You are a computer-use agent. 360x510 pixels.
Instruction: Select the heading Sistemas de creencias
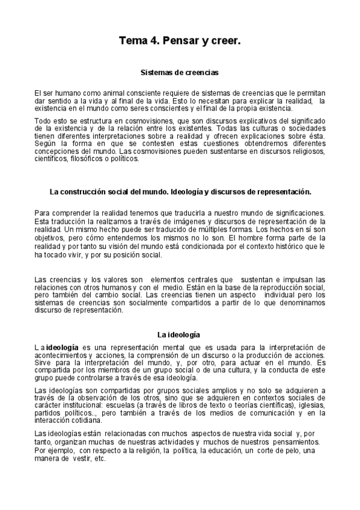(x=179, y=72)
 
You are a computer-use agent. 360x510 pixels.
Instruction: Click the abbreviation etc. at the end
(x=100, y=458)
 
